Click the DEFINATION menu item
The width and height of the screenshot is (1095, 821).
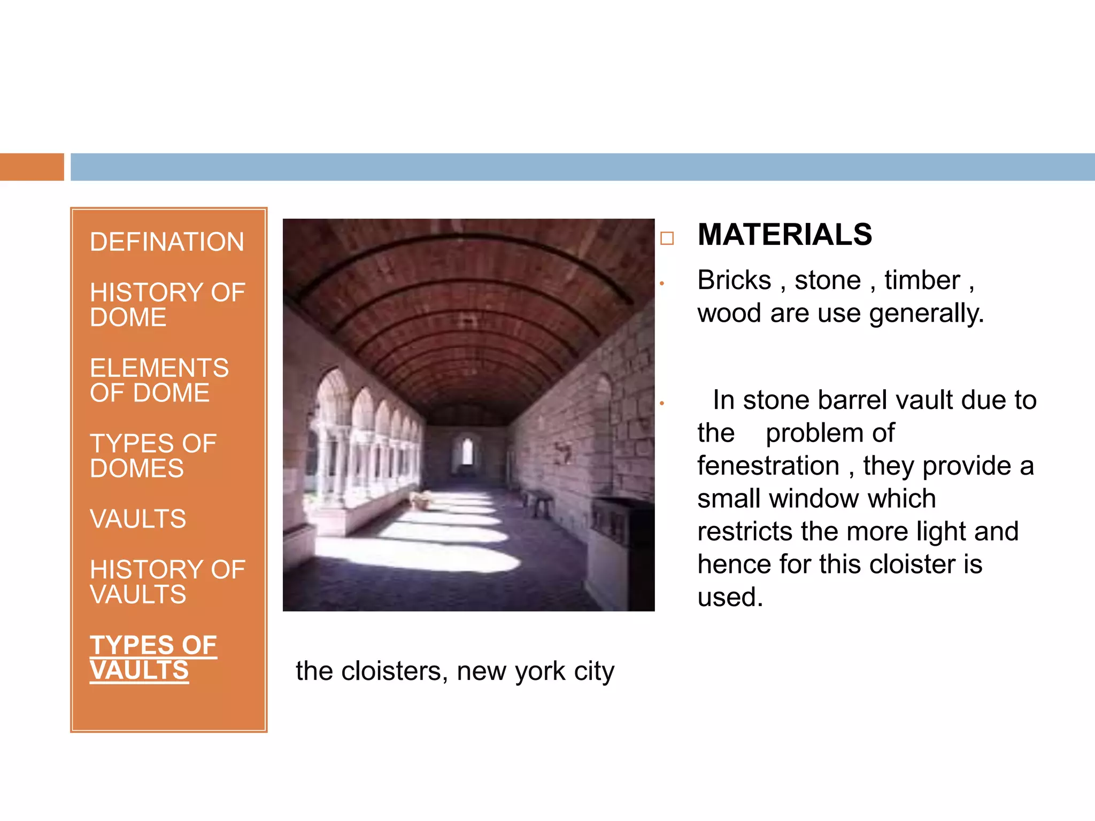pyautogui.click(x=167, y=242)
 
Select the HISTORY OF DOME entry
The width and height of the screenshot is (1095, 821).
pyautogui.click(x=167, y=305)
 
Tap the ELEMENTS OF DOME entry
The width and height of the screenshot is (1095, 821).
pyautogui.click(x=159, y=380)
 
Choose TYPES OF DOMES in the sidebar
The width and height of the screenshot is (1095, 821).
pyautogui.click(x=153, y=456)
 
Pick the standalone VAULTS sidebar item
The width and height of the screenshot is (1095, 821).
pyautogui.click(x=138, y=519)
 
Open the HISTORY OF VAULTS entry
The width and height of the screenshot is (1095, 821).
pyautogui.click(x=167, y=582)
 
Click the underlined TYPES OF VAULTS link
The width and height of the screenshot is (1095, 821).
pyautogui.click(x=153, y=657)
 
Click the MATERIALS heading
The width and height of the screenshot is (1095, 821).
pyautogui.click(x=784, y=235)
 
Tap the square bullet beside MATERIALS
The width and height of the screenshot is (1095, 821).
pyautogui.click(x=667, y=238)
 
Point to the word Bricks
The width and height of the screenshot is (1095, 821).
pyautogui.click(x=734, y=281)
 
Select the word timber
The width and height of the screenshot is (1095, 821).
pyautogui.click(x=922, y=281)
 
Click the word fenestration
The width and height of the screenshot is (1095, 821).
pyautogui.click(x=768, y=466)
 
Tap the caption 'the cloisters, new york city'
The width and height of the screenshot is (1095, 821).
pyautogui.click(x=454, y=671)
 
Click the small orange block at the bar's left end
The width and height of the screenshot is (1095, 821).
pyautogui.click(x=32, y=167)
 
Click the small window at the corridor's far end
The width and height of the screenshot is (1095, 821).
pyautogui.click(x=467, y=452)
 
